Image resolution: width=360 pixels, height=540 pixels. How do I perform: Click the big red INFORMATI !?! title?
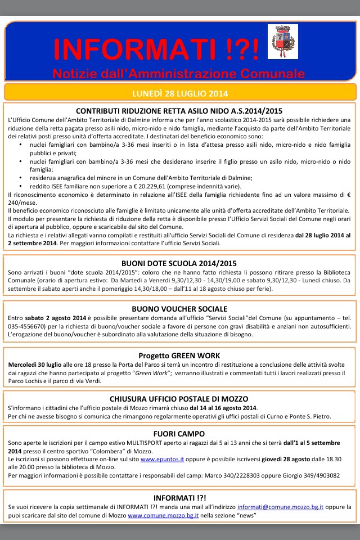(x=157, y=49)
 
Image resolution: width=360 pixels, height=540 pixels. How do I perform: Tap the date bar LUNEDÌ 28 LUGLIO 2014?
(x=179, y=92)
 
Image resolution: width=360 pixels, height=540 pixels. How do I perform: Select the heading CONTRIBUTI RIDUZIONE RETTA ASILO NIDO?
(x=179, y=111)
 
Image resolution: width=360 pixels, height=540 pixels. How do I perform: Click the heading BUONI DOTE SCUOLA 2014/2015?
(x=179, y=263)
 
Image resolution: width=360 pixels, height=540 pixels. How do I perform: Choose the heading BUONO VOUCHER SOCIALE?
(x=179, y=309)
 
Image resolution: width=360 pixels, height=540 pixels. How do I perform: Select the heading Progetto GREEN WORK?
(x=179, y=355)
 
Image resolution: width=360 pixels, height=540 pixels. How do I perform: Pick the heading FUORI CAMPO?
(x=179, y=434)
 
